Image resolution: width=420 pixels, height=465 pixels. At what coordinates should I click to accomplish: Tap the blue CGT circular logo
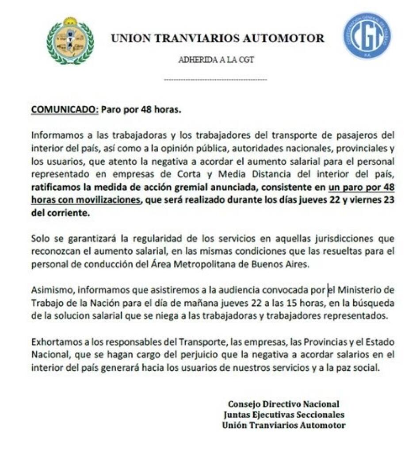(367, 36)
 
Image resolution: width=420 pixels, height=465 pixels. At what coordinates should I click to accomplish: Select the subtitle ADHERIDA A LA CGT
(216, 60)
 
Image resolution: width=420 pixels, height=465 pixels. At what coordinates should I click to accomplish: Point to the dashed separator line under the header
(215, 80)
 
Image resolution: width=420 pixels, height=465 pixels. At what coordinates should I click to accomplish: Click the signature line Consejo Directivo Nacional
(283, 404)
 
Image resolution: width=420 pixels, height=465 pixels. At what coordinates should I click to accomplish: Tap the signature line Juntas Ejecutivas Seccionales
(283, 415)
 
